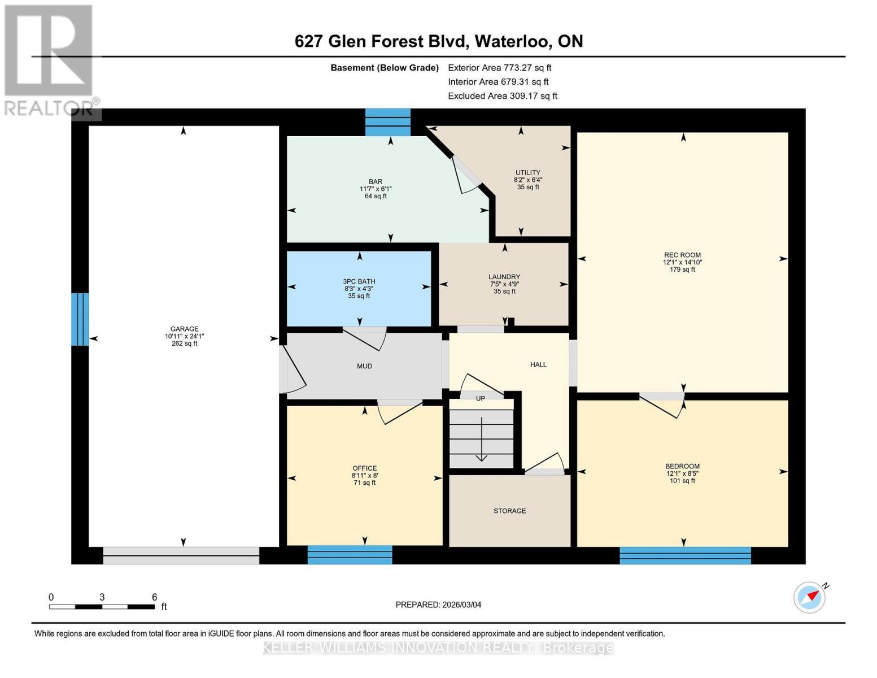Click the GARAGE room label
[184, 329]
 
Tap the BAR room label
[375, 181]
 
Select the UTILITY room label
[527, 172]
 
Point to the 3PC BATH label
[359, 281]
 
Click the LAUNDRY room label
[504, 277]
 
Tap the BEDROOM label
[682, 466]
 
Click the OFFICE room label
[364, 468]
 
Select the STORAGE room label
[509, 511]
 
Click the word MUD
[364, 366]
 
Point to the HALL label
[538, 364]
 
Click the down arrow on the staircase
[481, 441]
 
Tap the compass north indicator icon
[810, 597]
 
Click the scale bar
[102, 607]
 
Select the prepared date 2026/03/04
[438, 605]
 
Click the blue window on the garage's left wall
[80, 319]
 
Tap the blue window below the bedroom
[685, 555]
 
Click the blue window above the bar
[387, 122]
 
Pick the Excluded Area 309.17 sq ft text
[502, 96]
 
